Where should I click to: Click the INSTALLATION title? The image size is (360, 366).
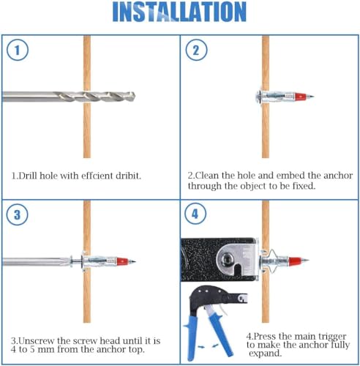click(179, 12)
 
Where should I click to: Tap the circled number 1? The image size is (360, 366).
click(18, 50)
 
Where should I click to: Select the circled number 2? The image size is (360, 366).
click(196, 50)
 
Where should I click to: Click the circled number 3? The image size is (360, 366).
click(17, 214)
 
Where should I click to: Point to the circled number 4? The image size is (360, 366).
click(195, 214)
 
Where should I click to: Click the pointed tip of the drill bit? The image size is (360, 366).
click(135, 97)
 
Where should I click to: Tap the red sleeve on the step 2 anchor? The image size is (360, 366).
click(300, 97)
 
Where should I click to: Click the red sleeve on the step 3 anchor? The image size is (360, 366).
click(122, 261)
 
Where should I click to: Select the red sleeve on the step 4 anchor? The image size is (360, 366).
click(295, 261)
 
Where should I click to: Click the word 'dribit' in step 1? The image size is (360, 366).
click(128, 176)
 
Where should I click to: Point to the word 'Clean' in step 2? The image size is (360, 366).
click(206, 176)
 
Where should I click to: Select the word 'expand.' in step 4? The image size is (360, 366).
click(265, 354)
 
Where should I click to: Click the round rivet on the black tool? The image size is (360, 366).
click(226, 258)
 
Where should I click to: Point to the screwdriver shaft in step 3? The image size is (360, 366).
click(37, 261)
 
